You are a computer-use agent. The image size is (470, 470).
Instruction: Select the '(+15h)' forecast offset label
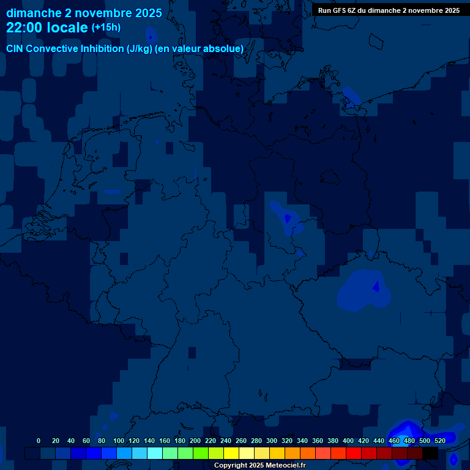(x=106, y=28)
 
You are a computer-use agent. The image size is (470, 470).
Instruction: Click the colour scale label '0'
(x=39, y=441)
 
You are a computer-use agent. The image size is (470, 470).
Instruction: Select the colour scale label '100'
(x=118, y=441)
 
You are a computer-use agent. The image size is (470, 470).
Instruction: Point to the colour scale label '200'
(x=195, y=441)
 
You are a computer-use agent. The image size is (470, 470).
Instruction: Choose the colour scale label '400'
(x=348, y=441)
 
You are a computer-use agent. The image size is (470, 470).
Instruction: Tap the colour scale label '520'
(x=439, y=441)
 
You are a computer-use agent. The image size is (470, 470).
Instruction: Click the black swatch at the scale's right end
(x=430, y=453)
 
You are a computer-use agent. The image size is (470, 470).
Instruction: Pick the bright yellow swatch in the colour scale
(x=231, y=453)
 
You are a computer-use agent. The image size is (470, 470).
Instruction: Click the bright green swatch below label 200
(x=201, y=453)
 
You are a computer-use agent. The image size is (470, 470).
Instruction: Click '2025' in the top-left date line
(x=148, y=13)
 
